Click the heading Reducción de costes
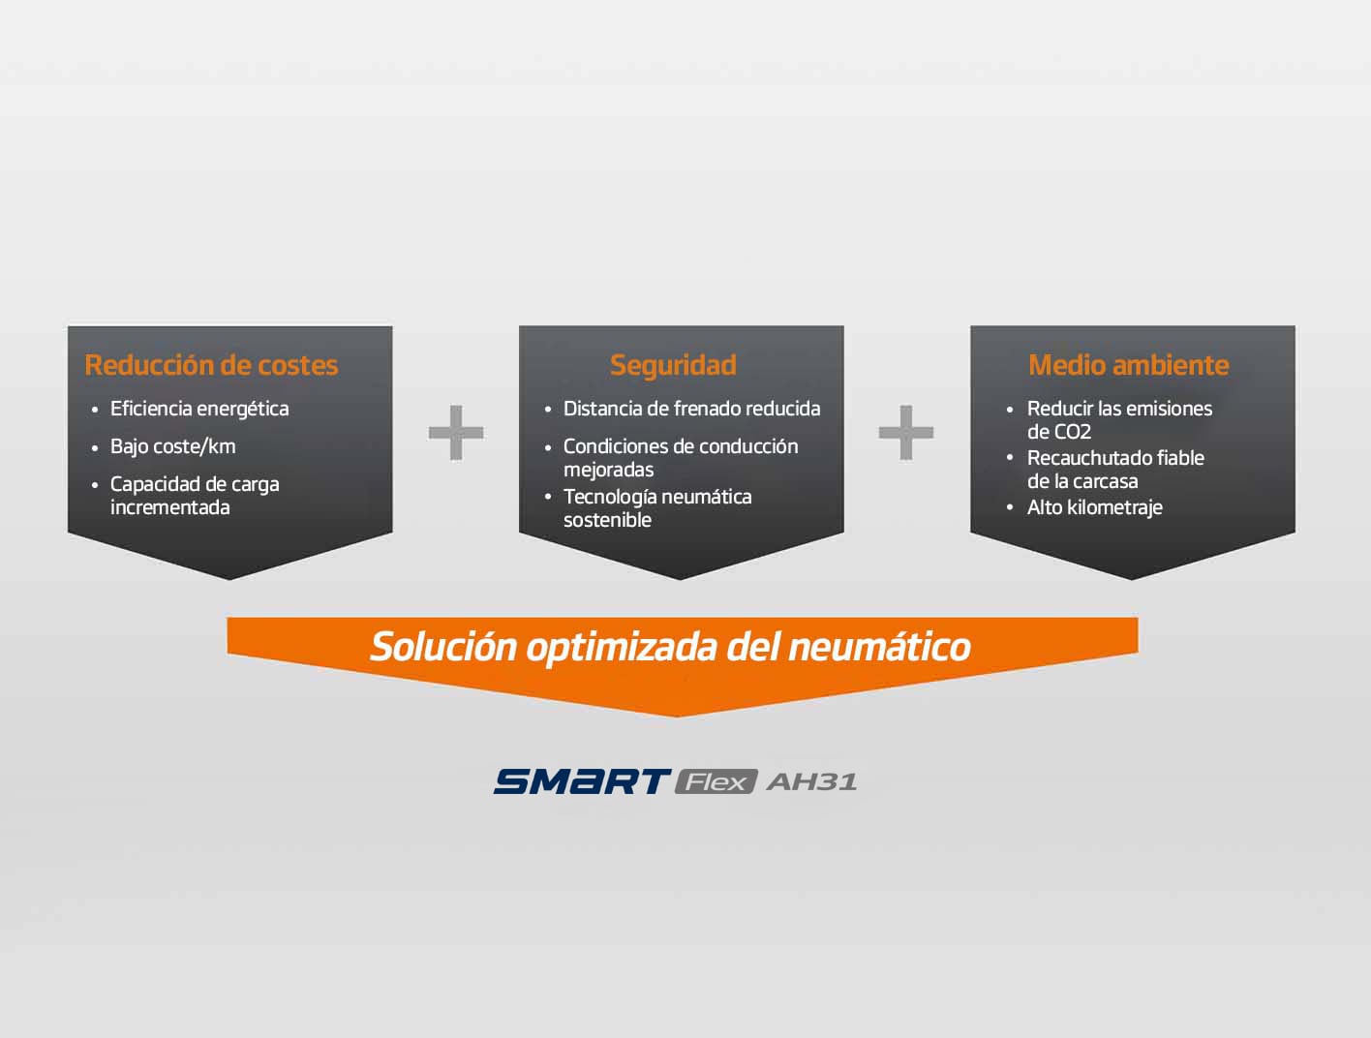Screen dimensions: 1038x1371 point(211,365)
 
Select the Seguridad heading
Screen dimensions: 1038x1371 point(673,365)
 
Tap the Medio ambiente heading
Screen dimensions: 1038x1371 point(1128,365)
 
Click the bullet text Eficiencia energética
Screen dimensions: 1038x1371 point(199,409)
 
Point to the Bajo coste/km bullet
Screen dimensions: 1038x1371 point(172,446)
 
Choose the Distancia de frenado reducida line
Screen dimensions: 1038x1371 point(691,409)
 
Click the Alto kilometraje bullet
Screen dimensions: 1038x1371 point(1094,507)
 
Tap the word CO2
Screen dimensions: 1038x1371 point(1073,432)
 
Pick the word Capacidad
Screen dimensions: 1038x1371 point(150,484)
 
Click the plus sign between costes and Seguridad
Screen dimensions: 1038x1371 point(456,432)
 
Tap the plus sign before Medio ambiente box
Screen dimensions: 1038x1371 point(906,432)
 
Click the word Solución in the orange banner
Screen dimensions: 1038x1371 point(443,646)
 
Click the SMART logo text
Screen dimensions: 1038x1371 point(581,781)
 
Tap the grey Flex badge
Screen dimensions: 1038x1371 point(716,781)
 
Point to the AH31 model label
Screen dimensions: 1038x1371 point(811,781)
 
